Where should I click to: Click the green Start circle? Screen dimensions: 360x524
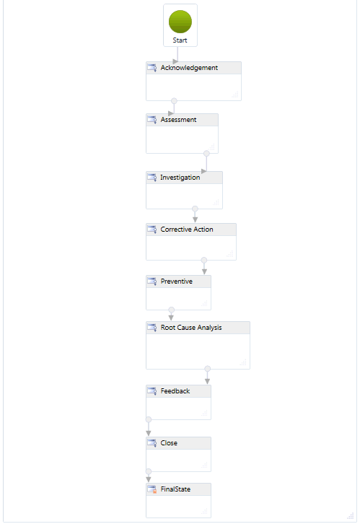pos(180,22)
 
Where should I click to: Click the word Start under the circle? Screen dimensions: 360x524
pos(180,40)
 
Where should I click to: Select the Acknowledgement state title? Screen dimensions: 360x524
pos(189,68)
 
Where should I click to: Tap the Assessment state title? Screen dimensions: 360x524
pos(178,120)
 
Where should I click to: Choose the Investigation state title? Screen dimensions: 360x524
pos(180,178)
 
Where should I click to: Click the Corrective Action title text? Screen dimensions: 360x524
pos(187,230)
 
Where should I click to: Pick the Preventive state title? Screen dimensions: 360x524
pos(176,281)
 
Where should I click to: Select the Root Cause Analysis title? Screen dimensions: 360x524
pos(191,328)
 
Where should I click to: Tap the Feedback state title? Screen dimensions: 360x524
pos(175,391)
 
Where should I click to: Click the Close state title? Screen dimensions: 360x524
pos(169,443)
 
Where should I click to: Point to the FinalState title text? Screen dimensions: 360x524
pos(175,489)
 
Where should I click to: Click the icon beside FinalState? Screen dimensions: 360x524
pos(152,489)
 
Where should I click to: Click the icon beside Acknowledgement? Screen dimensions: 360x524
pos(152,68)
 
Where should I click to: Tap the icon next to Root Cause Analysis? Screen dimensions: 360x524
pos(152,328)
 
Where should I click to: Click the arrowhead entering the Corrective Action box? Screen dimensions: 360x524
pos(195,219)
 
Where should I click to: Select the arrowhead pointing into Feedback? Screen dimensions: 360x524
pos(207,381)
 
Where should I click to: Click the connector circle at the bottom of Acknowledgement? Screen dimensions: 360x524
pos(174,100)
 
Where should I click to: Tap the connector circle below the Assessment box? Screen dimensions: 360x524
pos(206,154)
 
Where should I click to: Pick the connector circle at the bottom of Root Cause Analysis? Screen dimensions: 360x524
pos(207,369)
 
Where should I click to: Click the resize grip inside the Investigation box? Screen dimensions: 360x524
pos(216,202)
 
